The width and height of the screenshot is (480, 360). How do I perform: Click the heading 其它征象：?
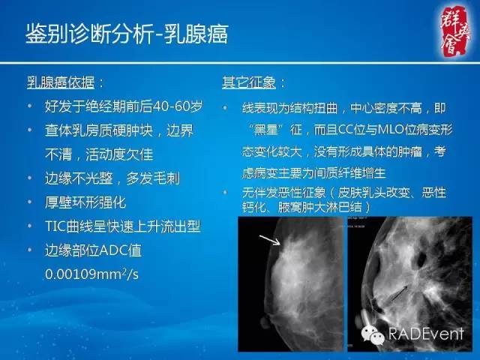pos(254,81)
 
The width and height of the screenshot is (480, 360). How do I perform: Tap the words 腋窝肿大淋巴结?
pos(311,205)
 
